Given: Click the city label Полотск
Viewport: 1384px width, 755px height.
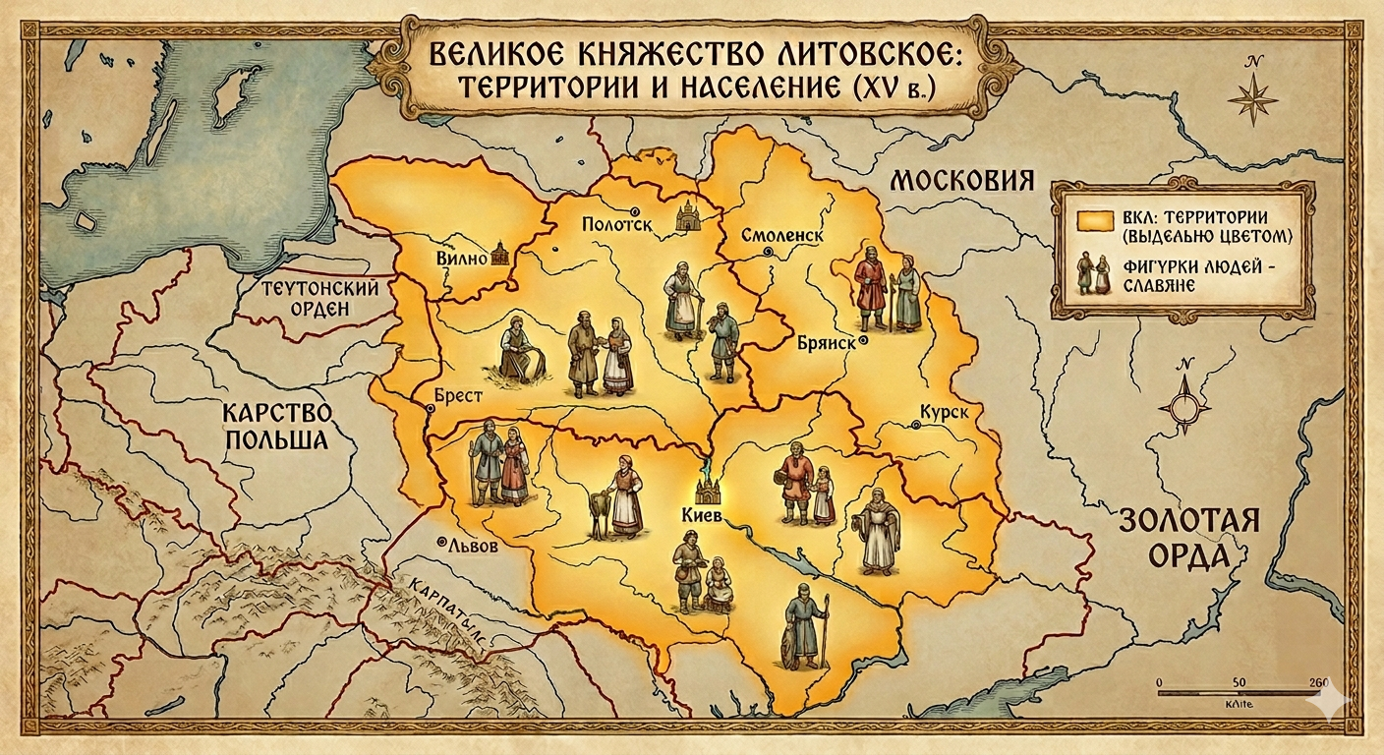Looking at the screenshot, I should coord(617,224).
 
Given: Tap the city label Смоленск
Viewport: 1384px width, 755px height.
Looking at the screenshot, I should coord(782,237).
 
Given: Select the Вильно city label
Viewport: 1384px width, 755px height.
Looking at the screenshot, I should coord(461,260).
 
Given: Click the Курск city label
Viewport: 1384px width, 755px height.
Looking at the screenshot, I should coord(944,413).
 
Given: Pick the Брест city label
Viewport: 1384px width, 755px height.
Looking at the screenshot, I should coord(457,395).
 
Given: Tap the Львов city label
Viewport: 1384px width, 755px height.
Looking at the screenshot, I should coord(473,546).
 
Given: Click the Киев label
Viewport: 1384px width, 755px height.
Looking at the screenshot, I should coord(702,515).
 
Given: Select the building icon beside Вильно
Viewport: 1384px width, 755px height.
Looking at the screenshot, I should coord(499,254).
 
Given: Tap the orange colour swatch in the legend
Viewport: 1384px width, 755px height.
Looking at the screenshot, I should coord(1091,222).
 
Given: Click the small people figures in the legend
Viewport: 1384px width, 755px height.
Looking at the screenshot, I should coord(1094,274).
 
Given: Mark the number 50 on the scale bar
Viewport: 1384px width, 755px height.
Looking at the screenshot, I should coord(1237,682).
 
